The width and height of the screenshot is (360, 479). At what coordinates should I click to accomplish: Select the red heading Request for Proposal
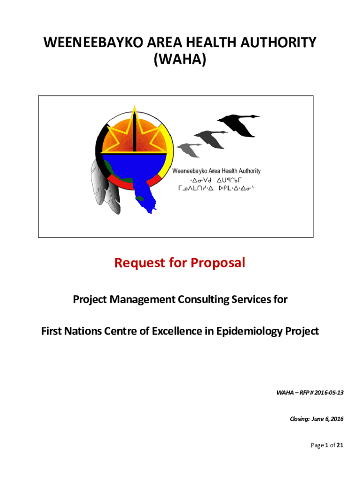click(180, 263)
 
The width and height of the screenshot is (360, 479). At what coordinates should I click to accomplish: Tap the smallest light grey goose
click(189, 149)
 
